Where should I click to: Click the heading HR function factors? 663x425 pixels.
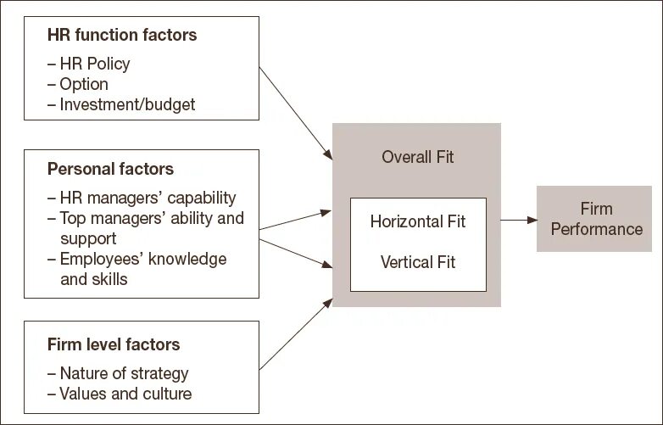tap(122, 35)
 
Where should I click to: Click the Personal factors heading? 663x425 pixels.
tap(110, 169)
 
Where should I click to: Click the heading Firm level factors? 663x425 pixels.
tap(114, 345)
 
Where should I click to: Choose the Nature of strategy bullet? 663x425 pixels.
tap(124, 373)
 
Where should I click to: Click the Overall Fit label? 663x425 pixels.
tap(418, 157)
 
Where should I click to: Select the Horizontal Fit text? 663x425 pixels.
tap(418, 222)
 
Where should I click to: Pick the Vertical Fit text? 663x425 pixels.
tap(418, 262)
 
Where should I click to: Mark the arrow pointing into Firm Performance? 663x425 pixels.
tap(518, 221)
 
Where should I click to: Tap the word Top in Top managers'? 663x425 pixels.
tap(74, 218)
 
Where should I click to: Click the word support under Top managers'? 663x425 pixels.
tap(88, 238)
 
